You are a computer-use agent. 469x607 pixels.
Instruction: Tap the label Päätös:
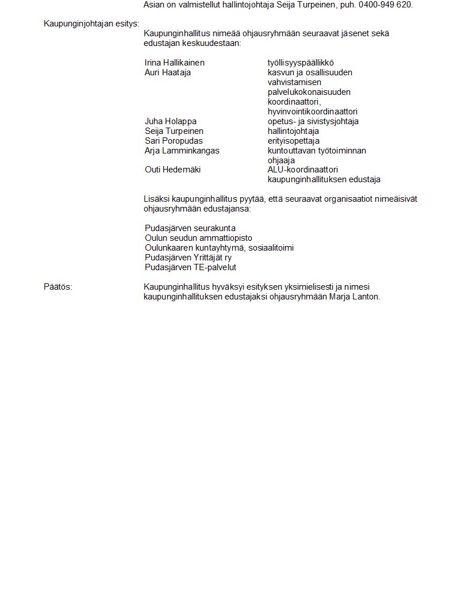tap(58, 287)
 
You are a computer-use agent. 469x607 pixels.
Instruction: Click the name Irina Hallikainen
tap(175, 63)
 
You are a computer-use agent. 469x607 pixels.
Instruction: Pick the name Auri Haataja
tap(168, 72)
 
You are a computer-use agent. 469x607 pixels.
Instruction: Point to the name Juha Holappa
tap(171, 121)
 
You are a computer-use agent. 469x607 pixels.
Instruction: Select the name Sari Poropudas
tap(174, 141)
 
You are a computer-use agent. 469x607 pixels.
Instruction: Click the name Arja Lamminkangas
tap(182, 151)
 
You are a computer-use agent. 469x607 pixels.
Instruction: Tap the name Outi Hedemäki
tap(173, 170)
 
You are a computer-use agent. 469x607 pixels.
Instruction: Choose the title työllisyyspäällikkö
tap(301, 63)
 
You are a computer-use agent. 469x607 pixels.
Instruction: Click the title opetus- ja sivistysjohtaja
tap(313, 121)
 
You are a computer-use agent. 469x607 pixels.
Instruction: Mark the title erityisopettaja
tap(294, 141)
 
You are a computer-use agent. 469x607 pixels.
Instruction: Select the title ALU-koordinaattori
tap(303, 170)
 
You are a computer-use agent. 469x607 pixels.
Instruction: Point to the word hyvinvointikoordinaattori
tap(313, 112)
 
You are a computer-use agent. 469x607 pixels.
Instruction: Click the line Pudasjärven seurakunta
tap(190, 228)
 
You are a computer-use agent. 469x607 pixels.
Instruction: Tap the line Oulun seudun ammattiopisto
tap(198, 238)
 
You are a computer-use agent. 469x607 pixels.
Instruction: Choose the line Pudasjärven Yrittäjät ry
tap(189, 258)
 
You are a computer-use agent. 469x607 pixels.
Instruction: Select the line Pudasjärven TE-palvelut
tap(191, 267)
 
